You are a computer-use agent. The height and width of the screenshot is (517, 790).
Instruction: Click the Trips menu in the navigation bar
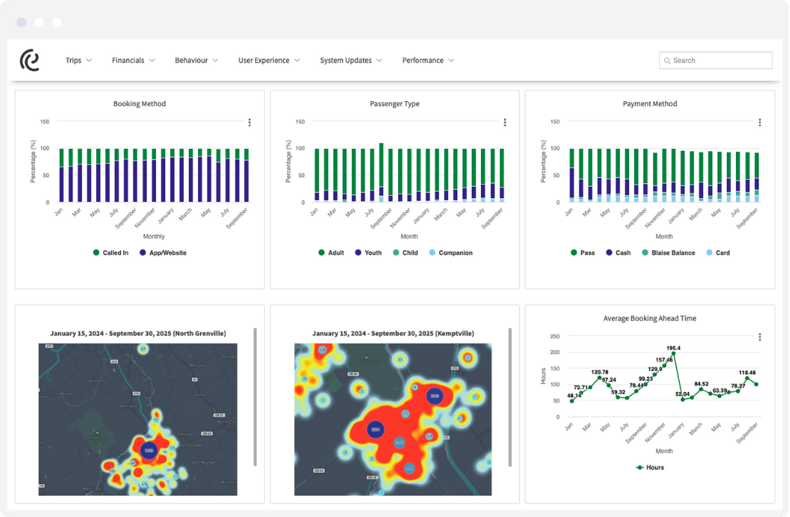(x=78, y=60)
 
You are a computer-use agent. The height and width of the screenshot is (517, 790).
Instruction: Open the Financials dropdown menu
(x=133, y=60)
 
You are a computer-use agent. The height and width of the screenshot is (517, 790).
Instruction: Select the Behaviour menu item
(x=196, y=60)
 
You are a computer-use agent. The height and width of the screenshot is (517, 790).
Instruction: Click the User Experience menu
(x=268, y=60)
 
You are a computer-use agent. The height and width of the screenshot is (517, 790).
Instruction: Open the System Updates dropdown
(x=350, y=60)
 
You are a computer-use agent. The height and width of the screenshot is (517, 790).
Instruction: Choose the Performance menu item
(x=428, y=60)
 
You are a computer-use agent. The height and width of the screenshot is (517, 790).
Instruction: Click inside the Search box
(x=716, y=60)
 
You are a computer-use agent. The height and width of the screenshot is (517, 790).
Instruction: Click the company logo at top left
(x=29, y=60)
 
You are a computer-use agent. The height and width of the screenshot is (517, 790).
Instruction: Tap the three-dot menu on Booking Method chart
(x=249, y=122)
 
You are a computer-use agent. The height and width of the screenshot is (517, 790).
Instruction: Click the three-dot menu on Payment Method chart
(x=759, y=122)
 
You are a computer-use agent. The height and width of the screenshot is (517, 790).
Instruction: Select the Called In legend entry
(x=110, y=253)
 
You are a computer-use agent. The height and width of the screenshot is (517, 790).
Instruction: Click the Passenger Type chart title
(x=395, y=104)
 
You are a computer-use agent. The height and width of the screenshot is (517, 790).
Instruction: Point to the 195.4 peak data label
(x=673, y=348)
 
